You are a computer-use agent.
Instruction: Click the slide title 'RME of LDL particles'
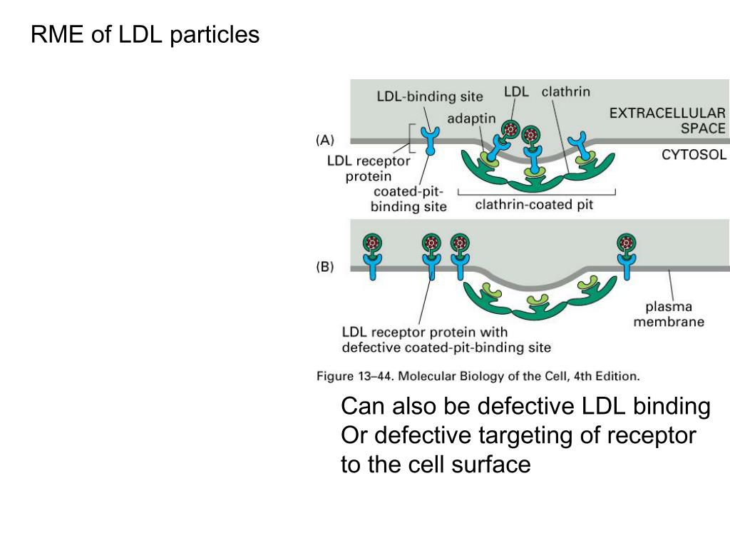point(145,34)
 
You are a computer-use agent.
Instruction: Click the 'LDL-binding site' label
point(430,96)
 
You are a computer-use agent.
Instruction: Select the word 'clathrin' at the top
point(566,92)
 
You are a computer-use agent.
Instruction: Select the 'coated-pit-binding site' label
point(409,199)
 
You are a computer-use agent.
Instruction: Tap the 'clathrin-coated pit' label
point(534,205)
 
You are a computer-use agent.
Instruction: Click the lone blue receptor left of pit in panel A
point(430,140)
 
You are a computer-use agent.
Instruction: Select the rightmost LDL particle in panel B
point(627,243)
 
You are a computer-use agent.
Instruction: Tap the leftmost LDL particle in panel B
point(371,243)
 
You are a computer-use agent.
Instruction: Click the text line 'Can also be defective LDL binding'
point(526,407)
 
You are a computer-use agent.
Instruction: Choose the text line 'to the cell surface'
point(436,465)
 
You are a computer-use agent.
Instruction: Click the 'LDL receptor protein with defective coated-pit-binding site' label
point(447,340)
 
